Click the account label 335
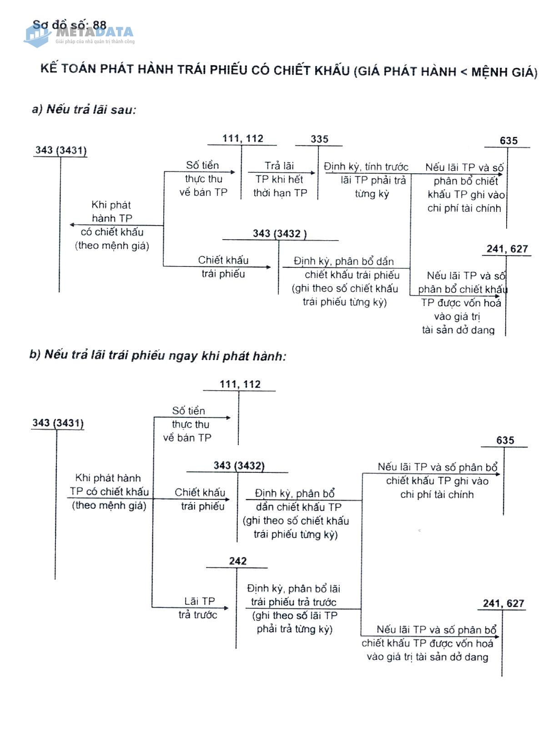click(x=319, y=139)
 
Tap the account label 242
click(x=238, y=561)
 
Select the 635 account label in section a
click(x=508, y=141)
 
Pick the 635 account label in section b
click(x=505, y=440)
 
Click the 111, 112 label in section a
click(x=243, y=139)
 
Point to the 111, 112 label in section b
click(x=240, y=384)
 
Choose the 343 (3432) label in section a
click(x=280, y=234)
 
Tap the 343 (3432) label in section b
click(x=239, y=466)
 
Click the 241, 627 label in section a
click(x=507, y=249)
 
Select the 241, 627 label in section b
click(x=503, y=603)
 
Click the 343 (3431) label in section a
click(x=61, y=150)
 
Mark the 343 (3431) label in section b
click(x=58, y=423)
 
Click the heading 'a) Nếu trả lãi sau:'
click(x=84, y=110)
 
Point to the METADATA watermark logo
click(x=80, y=34)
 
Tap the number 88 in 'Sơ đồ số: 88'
click(x=99, y=25)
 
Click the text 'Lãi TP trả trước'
click(x=198, y=608)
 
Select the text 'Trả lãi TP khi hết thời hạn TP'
click(x=280, y=179)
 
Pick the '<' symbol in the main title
click(x=463, y=72)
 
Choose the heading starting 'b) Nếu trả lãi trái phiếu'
click(x=158, y=355)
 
